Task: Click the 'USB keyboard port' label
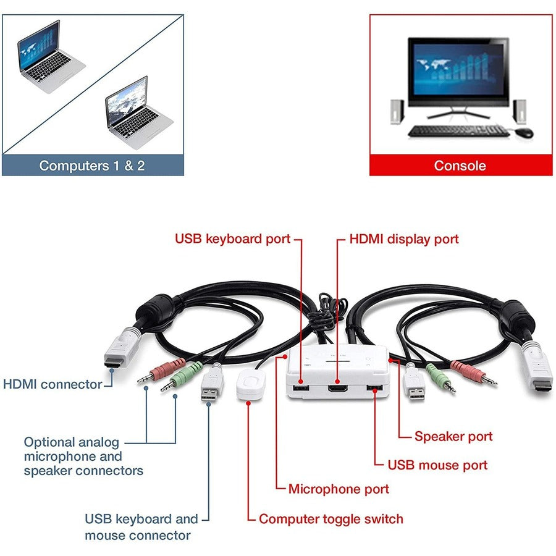[232, 239]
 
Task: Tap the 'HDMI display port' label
[404, 239]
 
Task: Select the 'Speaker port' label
[453, 436]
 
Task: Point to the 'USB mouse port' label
[437, 465]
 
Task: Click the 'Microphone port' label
[339, 489]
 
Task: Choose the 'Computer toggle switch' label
[331, 519]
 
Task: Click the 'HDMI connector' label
[53, 384]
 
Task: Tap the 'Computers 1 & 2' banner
[92, 166]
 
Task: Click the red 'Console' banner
[460, 166]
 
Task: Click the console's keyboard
[458, 131]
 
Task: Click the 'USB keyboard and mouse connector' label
[141, 527]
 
